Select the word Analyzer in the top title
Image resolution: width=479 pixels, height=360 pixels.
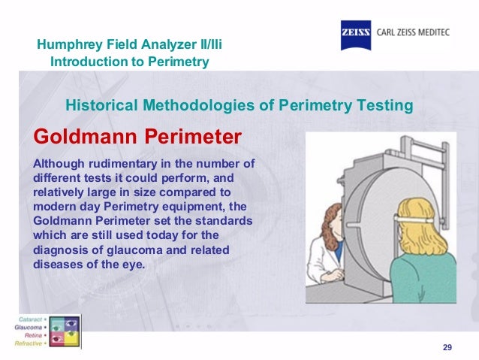tap(165, 45)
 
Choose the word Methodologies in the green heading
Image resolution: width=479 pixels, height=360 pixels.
tap(197, 105)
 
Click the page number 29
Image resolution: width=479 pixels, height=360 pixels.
tap(447, 346)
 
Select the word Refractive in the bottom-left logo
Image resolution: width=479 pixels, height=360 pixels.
tap(29, 342)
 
